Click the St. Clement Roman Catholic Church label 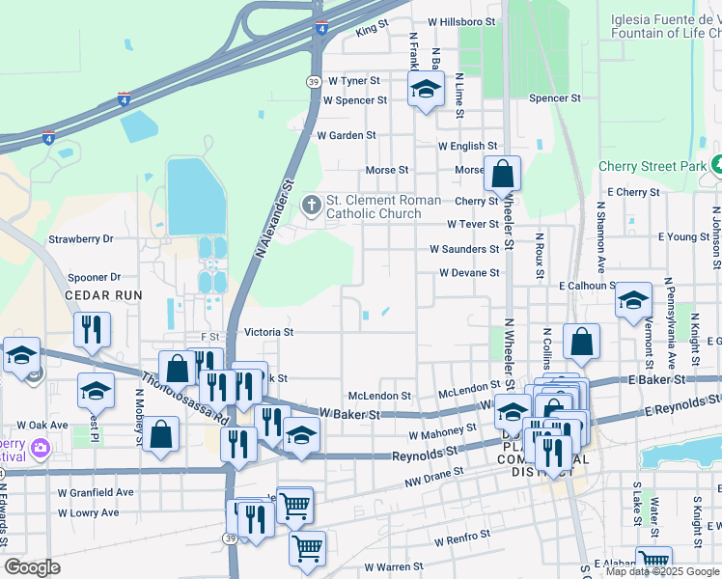click(x=383, y=207)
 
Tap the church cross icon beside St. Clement click(x=311, y=205)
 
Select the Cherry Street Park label click(x=653, y=166)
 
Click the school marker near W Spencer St click(x=425, y=91)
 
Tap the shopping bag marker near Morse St click(x=502, y=175)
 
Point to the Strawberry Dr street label click(x=81, y=238)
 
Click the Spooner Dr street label click(x=95, y=276)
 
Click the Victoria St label click(x=268, y=332)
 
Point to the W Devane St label click(x=469, y=273)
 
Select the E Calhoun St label click(x=588, y=286)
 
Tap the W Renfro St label click(x=464, y=542)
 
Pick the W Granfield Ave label click(x=95, y=492)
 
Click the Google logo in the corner click(x=32, y=567)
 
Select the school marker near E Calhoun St click(x=633, y=300)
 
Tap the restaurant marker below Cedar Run click(x=93, y=329)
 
